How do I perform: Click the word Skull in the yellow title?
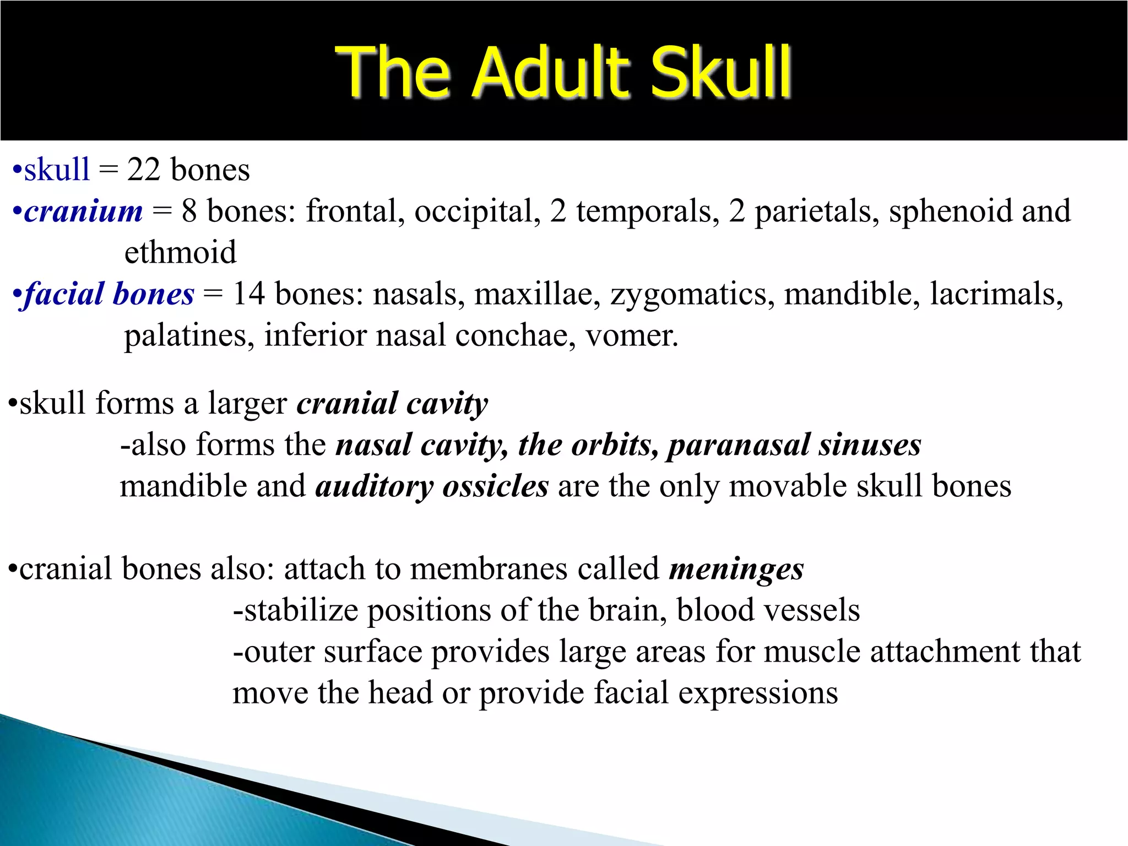tap(720, 72)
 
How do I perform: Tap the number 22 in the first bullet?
tap(144, 170)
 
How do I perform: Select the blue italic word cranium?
tap(83, 212)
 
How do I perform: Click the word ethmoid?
tap(180, 253)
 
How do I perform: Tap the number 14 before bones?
tap(249, 294)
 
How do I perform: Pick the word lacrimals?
tap(996, 294)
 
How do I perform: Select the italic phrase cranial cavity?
tap(392, 404)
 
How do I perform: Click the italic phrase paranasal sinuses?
tap(794, 445)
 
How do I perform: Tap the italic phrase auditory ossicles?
tap(432, 487)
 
